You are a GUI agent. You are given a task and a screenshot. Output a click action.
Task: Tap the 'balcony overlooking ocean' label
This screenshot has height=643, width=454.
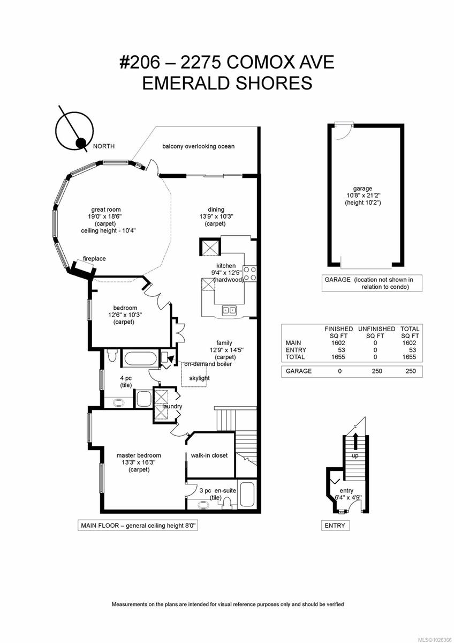[191, 146]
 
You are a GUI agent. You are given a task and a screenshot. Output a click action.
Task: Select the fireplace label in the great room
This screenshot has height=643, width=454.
[94, 259]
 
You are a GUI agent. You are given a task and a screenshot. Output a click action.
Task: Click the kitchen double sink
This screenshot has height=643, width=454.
[230, 310]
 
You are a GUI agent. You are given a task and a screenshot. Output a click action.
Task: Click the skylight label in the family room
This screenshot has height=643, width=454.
[199, 378]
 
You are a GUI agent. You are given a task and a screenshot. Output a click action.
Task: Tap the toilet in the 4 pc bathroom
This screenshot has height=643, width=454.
[112, 355]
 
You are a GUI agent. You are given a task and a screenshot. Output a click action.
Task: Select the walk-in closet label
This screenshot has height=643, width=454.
[209, 455]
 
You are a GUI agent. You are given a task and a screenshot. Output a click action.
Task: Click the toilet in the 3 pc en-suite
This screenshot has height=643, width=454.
[227, 503]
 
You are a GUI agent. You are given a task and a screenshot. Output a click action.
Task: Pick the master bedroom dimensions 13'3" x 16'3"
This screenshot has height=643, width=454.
[139, 462]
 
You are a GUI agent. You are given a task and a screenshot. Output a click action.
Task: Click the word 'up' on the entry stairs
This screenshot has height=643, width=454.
[355, 455]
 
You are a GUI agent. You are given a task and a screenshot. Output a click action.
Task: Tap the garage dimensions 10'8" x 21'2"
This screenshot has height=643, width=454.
[362, 196]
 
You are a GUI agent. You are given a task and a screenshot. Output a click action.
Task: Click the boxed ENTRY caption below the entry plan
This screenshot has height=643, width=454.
[335, 526]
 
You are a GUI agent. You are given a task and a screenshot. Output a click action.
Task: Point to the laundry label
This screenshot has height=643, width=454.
[172, 406]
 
